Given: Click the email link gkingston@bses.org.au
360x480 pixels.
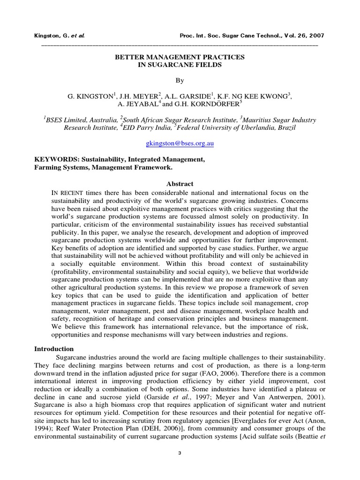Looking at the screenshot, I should tap(180, 144).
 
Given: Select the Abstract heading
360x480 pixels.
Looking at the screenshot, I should tap(180, 184).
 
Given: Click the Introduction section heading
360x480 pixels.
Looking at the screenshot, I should tap(54, 349).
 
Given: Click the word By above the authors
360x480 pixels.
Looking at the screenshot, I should tap(180, 80).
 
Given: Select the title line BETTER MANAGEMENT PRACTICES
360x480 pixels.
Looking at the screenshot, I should tap(180, 57).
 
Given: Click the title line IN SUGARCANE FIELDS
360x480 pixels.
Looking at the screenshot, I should tap(180, 65).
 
